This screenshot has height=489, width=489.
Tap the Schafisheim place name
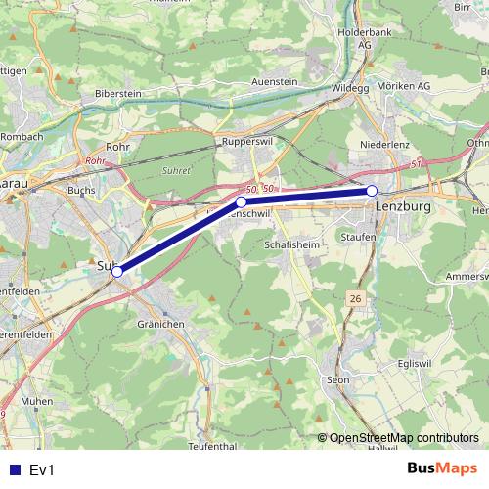[x=289, y=247]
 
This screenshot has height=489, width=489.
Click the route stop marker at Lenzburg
[x=372, y=191]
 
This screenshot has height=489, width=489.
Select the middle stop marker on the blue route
[x=241, y=202]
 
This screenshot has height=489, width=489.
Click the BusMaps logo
[x=441, y=468]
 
